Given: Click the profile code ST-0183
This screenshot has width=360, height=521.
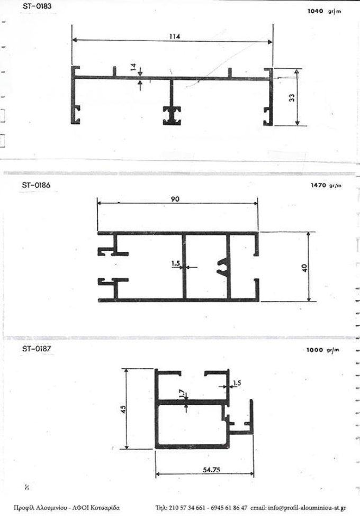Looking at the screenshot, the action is [37, 6].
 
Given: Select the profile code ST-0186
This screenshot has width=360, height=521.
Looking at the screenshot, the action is [36, 185].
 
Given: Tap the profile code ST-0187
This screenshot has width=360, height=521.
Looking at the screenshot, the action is [37, 349].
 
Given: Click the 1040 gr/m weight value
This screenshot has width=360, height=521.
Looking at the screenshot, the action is [325, 11].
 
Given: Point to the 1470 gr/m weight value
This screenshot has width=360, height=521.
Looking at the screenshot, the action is [326, 185].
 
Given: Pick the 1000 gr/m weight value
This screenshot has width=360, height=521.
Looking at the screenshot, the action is [323, 350].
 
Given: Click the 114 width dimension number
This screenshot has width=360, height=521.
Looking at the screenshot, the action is [174, 36].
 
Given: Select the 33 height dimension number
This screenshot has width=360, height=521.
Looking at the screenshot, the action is [292, 98].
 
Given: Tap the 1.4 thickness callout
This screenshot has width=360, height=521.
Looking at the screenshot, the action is [133, 68].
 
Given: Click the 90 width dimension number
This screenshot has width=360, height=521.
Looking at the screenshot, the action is [175, 199].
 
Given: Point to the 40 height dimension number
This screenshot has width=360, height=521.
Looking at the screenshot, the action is [304, 268].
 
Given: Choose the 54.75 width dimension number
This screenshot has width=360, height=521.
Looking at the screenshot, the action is [211, 470].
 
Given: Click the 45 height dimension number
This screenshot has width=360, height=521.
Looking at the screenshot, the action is [123, 409].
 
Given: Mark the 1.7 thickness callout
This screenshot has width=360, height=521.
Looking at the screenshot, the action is [182, 394].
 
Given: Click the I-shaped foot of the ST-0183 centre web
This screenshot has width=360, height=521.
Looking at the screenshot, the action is [172, 116].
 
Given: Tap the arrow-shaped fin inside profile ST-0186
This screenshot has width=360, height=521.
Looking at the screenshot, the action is [223, 266].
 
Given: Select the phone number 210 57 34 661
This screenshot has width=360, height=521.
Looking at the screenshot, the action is [187, 508].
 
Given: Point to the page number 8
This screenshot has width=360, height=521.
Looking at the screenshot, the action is [27, 488].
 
